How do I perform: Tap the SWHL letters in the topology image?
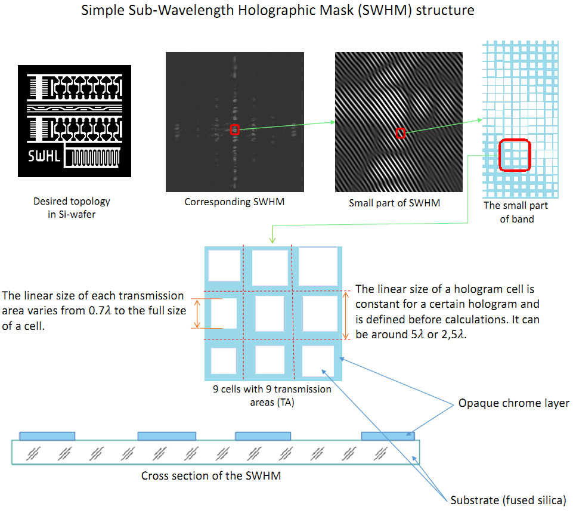(45, 157)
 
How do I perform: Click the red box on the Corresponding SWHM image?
(235, 129)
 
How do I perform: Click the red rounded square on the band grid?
(514, 154)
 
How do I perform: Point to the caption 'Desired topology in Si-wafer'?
(72, 208)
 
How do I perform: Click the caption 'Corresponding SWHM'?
(234, 202)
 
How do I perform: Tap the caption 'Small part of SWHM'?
(395, 203)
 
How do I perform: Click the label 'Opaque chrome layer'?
(513, 403)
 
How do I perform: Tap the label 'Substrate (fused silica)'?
(507, 500)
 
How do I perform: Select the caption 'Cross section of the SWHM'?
(210, 475)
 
